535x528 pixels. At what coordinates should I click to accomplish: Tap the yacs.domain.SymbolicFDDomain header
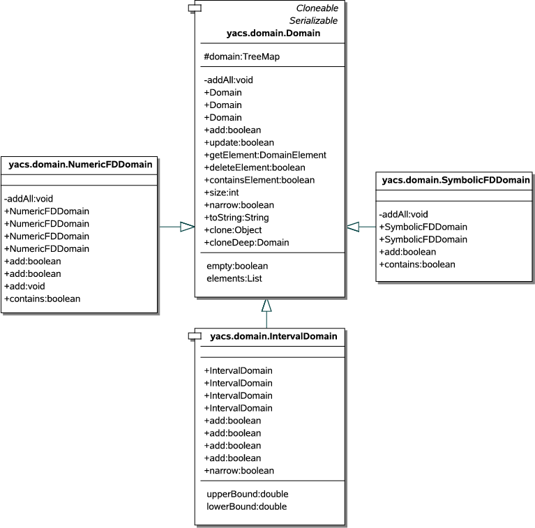pos(456,181)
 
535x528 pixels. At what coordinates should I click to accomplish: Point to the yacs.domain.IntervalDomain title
pos(273,336)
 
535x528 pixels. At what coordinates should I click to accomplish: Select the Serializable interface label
pos(314,20)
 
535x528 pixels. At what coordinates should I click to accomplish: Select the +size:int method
pos(222,193)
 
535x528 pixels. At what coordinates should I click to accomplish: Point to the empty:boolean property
pos(237,266)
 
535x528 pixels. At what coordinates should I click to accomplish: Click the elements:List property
pos(234,278)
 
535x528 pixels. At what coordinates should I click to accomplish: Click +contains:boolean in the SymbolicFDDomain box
pos(416,264)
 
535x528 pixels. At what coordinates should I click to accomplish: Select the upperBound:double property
pos(247,494)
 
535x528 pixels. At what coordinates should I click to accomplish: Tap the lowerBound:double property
pos(247,506)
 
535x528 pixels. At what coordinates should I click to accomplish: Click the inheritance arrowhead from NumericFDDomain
pos(186,227)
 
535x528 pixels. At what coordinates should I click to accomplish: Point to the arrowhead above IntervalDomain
pos(266,304)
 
